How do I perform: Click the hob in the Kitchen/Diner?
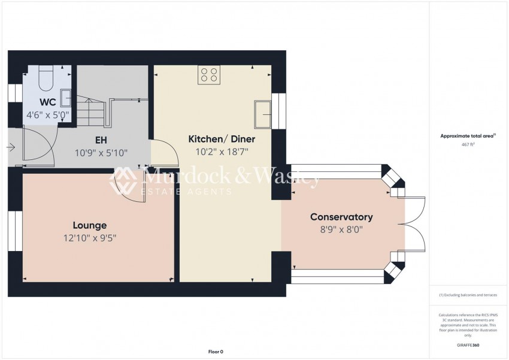(208, 74)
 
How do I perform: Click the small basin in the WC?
(65, 98)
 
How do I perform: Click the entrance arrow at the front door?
(12, 147)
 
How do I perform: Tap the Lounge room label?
(90, 225)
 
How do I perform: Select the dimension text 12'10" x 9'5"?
(90, 238)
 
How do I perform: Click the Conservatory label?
(341, 217)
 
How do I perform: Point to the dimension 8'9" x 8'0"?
(341, 229)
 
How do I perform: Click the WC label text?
(48, 102)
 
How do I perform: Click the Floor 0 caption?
(215, 352)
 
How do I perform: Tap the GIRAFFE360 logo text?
(468, 345)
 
